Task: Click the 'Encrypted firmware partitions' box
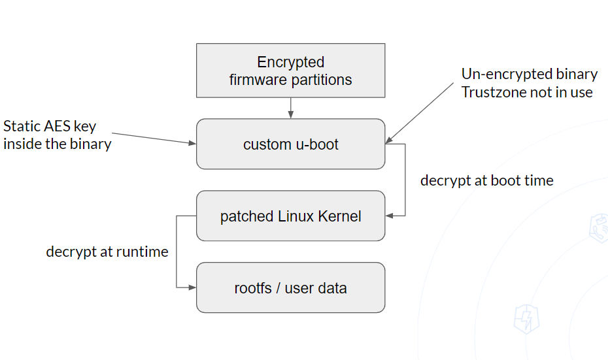pyautogui.click(x=291, y=71)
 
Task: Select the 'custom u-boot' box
pyautogui.click(x=291, y=144)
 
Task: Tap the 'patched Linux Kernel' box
pyautogui.click(x=291, y=216)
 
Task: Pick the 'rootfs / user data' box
pyautogui.click(x=291, y=287)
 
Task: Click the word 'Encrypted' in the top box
pyautogui.click(x=291, y=62)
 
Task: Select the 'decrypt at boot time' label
pyautogui.click(x=487, y=180)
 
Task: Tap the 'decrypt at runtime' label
pyautogui.click(x=107, y=252)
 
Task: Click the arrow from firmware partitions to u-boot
pyautogui.click(x=291, y=108)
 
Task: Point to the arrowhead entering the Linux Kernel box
pyautogui.click(x=389, y=216)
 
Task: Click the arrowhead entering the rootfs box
pyautogui.click(x=192, y=287)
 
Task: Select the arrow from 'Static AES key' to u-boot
pyautogui.click(x=154, y=139)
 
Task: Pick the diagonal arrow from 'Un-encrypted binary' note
pyautogui.click(x=420, y=113)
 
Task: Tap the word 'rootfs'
pyautogui.click(x=253, y=288)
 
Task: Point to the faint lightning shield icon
pyautogui.click(x=526, y=319)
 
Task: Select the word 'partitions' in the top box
pyautogui.click(x=322, y=80)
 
